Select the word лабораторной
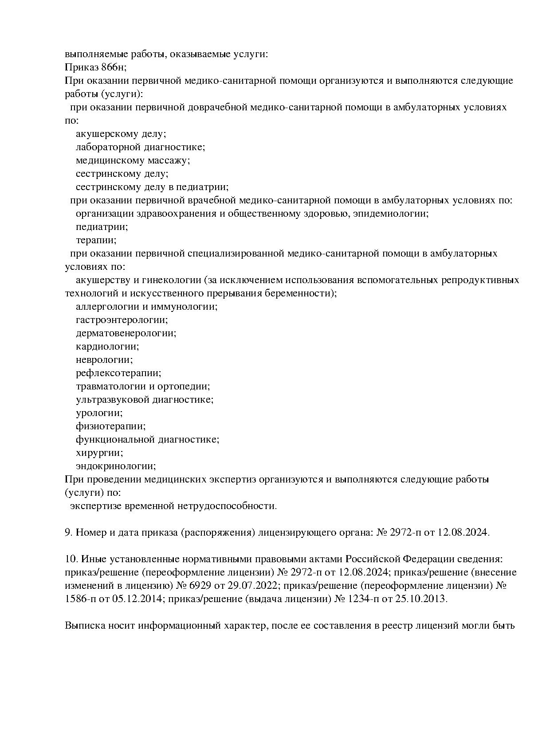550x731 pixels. pyautogui.click(x=107, y=147)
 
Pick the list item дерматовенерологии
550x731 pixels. pyautogui.click(x=126, y=333)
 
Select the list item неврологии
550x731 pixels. pyautogui.click(x=104, y=360)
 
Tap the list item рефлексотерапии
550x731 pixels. pyautogui.click(x=118, y=373)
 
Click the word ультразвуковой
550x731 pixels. pyautogui.click(x=112, y=400)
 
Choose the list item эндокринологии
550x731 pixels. pyautogui.click(x=116, y=466)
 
